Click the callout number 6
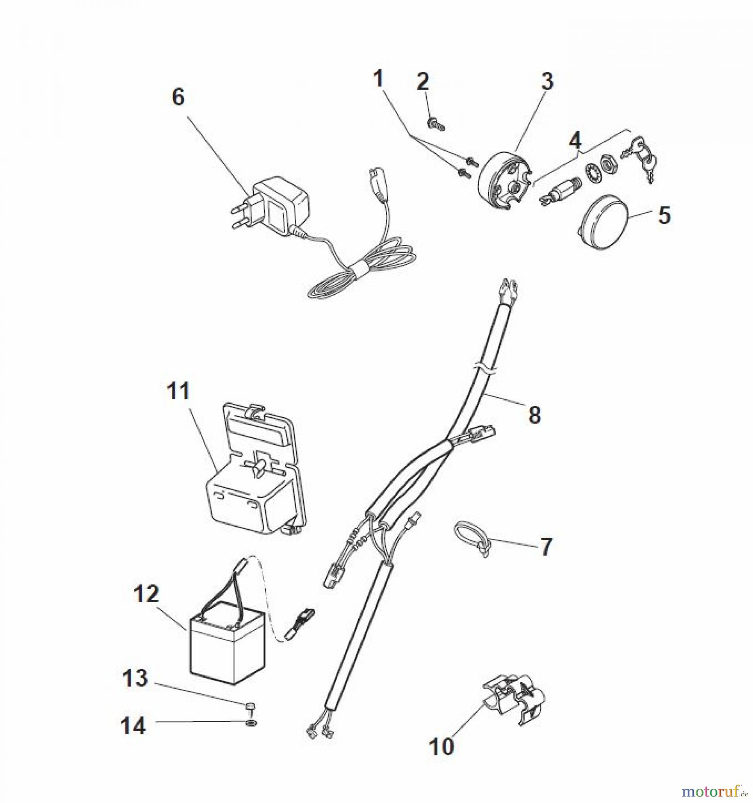coord(178,97)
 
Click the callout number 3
coord(547,82)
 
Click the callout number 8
coord(534,415)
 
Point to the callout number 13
coord(135,678)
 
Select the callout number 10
coord(441,746)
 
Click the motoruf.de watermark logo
coord(714,792)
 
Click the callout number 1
coord(378,79)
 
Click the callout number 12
coord(146,594)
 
